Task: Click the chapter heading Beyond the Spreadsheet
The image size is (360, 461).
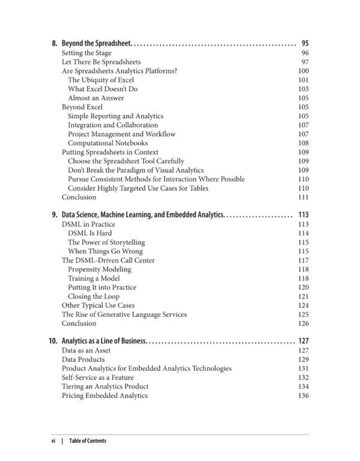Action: [96, 43]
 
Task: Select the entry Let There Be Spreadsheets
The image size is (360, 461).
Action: [101, 62]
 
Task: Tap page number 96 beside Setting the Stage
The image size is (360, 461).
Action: [304, 53]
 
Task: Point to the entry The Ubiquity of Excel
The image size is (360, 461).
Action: [101, 80]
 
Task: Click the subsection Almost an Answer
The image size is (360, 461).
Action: [96, 98]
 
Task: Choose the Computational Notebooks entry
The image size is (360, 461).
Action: [107, 143]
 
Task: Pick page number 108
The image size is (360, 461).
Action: [303, 143]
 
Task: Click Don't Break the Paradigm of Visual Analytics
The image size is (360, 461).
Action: [136, 170]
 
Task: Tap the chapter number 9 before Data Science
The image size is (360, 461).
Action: [54, 214]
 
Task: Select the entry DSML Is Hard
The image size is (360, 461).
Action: [89, 233]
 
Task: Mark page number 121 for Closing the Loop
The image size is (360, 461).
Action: [303, 297]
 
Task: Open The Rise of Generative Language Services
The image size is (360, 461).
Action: [124, 315]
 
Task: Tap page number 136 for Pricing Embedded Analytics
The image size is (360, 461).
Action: [303, 396]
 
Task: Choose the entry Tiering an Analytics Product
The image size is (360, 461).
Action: [105, 387]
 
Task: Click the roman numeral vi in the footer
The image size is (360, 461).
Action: [53, 441]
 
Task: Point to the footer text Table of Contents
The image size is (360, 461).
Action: [88, 441]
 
